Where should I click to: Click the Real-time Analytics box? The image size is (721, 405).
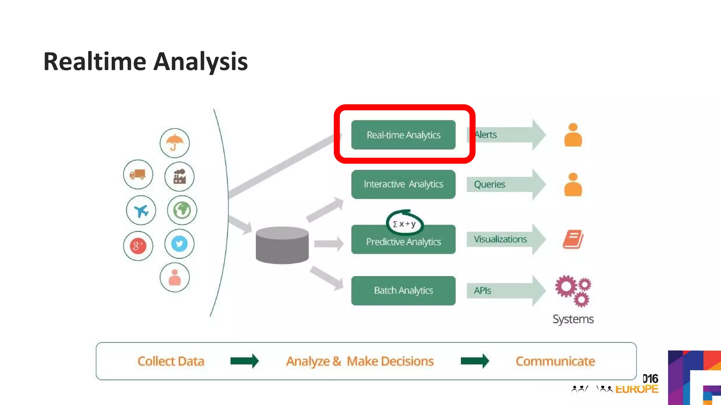403,135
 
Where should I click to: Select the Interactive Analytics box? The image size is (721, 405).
403,184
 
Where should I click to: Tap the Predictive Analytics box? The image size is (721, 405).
403,242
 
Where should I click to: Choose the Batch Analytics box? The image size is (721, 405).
403,290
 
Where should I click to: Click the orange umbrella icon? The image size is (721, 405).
175,143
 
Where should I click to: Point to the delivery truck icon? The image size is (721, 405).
138,174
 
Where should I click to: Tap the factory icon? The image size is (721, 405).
179,176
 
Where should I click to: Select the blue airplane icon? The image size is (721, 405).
141,211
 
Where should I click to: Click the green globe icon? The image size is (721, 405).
182,210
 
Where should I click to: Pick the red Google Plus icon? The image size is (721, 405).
138,246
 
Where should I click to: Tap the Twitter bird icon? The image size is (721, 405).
179,244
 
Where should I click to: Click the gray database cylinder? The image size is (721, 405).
282,245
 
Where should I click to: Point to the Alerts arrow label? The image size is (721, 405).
486,135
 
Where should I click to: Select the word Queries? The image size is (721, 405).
489,184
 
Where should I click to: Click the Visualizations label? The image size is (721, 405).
500,239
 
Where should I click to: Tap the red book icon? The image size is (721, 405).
573,239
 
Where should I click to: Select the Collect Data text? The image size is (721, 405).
171,361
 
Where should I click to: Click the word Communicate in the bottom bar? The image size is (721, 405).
555,361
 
